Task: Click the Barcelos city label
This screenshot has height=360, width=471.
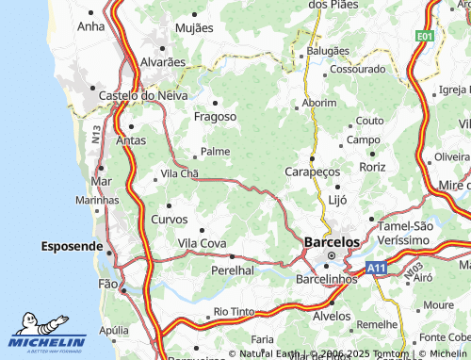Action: (332, 242)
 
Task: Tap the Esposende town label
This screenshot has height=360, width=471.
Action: (72, 246)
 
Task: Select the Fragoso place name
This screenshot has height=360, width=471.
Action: (215, 117)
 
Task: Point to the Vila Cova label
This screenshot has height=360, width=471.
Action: (203, 243)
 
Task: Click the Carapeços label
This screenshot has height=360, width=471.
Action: (312, 172)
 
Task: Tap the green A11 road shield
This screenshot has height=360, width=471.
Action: (377, 269)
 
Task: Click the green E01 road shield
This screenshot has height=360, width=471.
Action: (426, 36)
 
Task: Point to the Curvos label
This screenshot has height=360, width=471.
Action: (170, 219)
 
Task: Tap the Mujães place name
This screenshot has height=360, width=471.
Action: (195, 28)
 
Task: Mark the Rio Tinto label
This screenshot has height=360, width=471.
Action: (235, 311)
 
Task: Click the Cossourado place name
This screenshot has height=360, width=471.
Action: (358, 69)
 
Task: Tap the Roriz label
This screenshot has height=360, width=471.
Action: (372, 167)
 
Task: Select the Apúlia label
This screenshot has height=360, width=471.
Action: (113, 330)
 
